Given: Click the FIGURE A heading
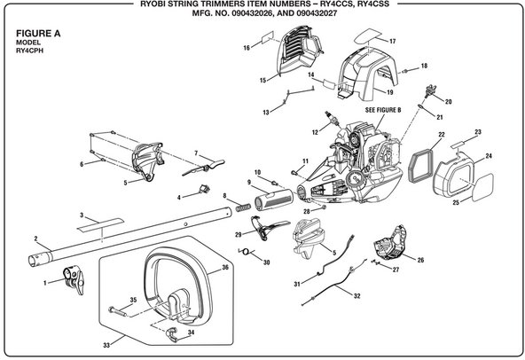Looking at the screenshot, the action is tap(38, 34).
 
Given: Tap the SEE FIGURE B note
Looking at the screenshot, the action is tap(383, 110).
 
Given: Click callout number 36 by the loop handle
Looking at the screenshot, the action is tap(225, 267).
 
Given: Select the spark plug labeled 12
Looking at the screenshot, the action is tap(330, 119).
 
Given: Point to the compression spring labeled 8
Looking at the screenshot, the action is tap(243, 207).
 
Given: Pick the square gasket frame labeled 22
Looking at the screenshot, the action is tap(421, 167).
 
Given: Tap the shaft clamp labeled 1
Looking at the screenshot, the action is tap(74, 278).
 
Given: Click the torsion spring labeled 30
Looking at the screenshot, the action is tap(247, 251).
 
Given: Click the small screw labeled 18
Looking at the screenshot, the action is tap(404, 71).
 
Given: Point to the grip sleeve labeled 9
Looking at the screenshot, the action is tap(274, 200).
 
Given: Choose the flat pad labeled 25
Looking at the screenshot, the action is tap(483, 187).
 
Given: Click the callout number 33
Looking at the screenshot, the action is tap(106, 345).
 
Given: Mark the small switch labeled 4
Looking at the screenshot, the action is tap(204, 189).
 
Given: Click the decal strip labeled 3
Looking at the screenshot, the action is tap(100, 224).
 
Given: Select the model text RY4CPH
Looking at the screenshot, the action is tap(29, 51).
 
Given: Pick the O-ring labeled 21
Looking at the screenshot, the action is tap(420, 106).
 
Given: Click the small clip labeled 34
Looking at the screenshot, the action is tap(172, 334).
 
